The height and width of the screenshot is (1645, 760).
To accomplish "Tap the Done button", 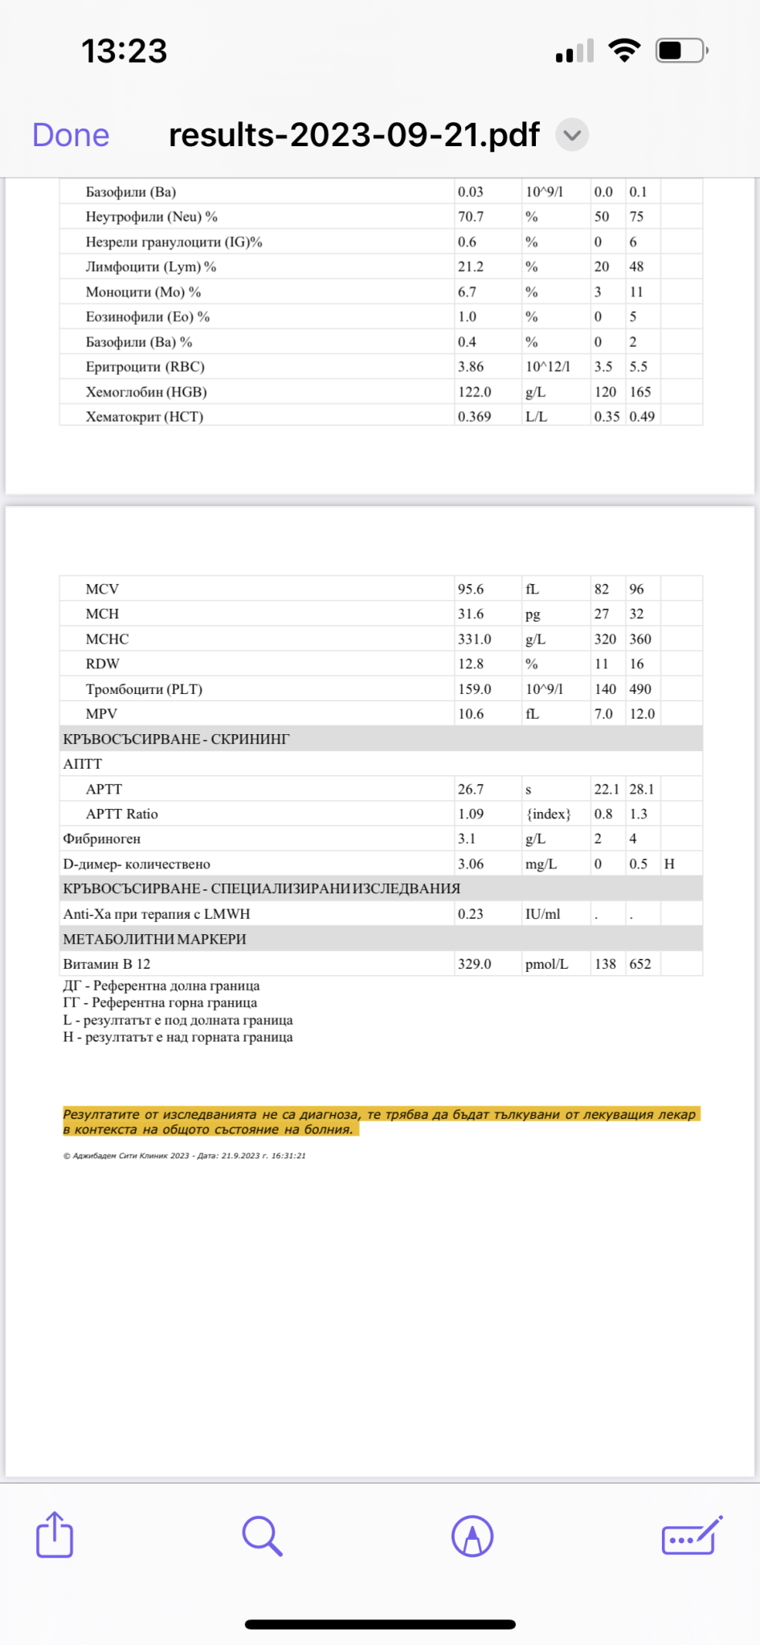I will point(71,135).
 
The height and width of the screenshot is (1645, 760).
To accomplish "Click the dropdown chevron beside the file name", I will point(572,135).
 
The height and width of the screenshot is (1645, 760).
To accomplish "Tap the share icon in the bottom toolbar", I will point(55,1535).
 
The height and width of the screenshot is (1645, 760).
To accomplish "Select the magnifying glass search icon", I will point(262,1536).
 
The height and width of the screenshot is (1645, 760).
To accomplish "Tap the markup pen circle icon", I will point(472,1536).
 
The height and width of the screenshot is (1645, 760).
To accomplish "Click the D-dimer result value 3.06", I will point(471,863).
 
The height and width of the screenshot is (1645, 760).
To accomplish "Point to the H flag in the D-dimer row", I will point(669,863).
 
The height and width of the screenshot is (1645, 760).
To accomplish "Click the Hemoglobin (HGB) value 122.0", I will point(474,392).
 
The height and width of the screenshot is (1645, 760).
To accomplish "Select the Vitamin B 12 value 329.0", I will point(474,964).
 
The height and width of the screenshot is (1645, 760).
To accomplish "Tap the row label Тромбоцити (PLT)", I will point(144,689).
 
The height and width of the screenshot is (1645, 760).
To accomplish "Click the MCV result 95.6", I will point(471,589).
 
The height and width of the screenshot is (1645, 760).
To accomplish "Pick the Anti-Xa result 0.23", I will point(471,914).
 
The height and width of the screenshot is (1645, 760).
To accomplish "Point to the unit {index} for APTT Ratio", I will point(549,814).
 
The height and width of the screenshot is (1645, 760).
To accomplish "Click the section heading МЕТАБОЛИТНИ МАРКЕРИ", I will point(154,939).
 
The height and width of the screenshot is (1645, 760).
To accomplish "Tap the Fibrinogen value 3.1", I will point(467,839).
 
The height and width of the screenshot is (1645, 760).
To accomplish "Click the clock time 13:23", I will point(125,51).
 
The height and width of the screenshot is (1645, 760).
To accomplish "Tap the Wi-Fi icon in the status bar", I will point(624,51).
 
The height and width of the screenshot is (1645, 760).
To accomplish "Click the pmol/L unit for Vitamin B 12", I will point(546,964).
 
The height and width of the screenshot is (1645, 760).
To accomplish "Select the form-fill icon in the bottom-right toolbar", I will point(691,1536).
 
